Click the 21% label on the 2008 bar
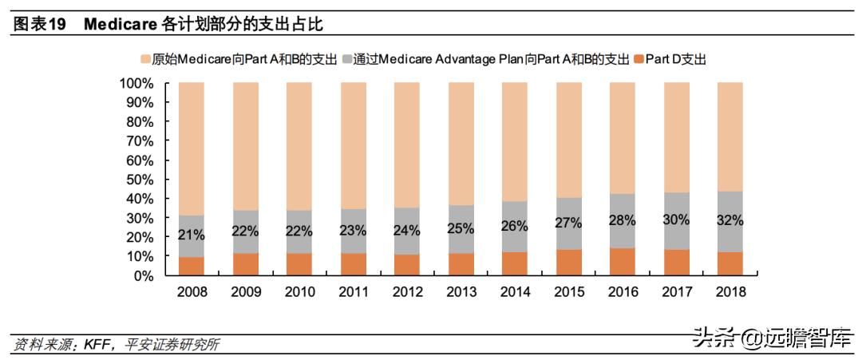[x=192, y=235]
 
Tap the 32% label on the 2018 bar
[x=730, y=220]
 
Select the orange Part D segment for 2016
[x=622, y=262]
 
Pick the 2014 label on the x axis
[x=514, y=292]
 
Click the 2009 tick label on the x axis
[x=245, y=292]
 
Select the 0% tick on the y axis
[x=144, y=276]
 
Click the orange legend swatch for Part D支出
[x=638, y=59]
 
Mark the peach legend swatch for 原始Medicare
[x=145, y=59]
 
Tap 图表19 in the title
[x=39, y=25]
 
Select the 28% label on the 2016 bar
[x=622, y=221]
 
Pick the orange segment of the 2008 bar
[x=192, y=267]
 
